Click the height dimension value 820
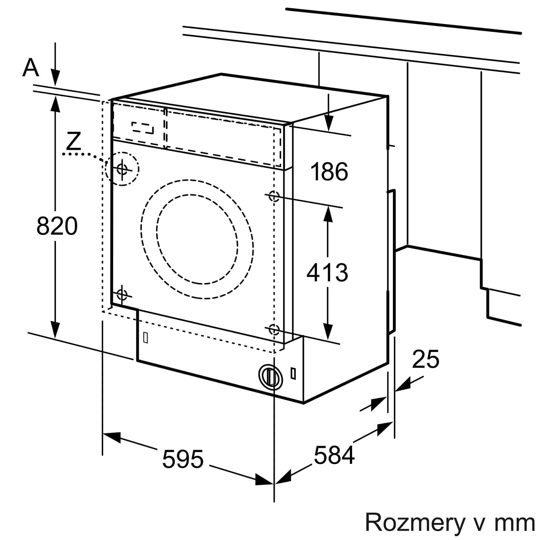(57, 226)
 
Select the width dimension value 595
(183, 459)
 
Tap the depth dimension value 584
(334, 455)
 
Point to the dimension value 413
(327, 272)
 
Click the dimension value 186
(329, 172)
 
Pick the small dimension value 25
(426, 359)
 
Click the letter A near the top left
(31, 68)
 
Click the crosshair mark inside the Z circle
(122, 169)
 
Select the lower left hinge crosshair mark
(122, 294)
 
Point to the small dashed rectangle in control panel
(143, 128)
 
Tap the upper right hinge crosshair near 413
(274, 196)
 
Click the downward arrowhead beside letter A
(55, 78)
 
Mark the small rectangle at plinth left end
(145, 338)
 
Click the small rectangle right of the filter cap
(293, 373)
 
